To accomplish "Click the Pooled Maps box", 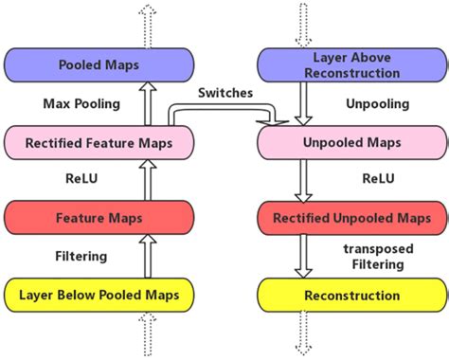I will point(99,65).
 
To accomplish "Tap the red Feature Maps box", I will point(99,218).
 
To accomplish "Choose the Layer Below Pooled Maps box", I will point(99,295).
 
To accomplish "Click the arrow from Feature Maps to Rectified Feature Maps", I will point(146,180).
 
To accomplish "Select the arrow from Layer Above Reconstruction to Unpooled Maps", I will point(303,103).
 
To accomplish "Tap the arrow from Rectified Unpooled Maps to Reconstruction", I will point(303,257).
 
